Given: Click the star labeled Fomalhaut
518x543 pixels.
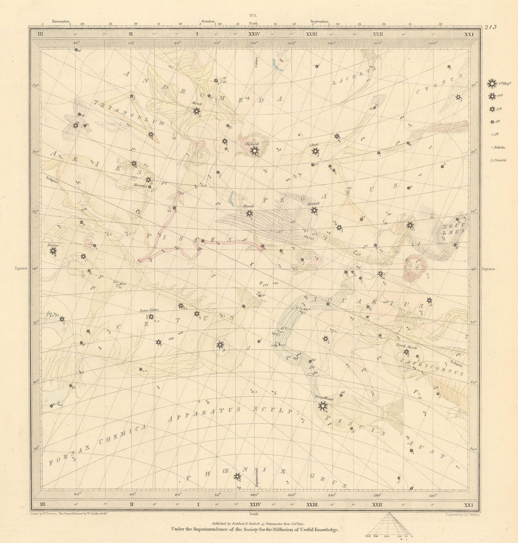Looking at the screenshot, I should (x=322, y=405).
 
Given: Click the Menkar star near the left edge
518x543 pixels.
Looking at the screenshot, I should (x=53, y=251).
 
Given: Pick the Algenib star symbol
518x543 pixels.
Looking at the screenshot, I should (x=250, y=213).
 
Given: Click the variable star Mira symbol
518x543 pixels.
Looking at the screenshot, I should (x=118, y=286).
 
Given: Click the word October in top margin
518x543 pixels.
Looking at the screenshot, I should (x=208, y=21).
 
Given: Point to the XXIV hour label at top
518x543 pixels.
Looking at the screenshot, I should (x=254, y=34).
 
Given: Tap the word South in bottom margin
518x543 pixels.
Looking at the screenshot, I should (x=254, y=514).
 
